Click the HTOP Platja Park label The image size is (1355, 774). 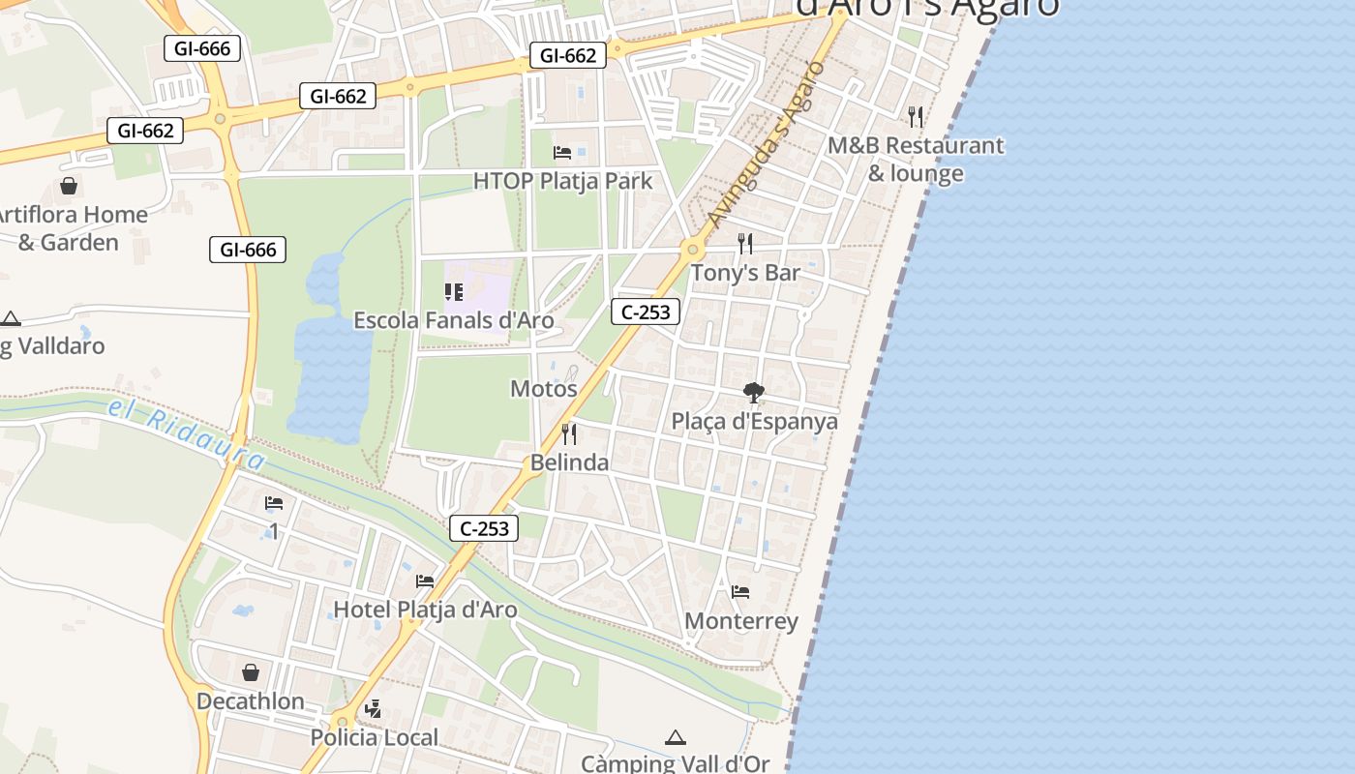tap(562, 181)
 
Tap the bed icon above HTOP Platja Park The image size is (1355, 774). tap(562, 152)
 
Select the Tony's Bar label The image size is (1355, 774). tap(745, 273)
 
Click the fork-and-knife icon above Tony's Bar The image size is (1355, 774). tap(745, 243)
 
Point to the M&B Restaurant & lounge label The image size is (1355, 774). tap(916, 160)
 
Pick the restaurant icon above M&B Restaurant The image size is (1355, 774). tap(916, 117)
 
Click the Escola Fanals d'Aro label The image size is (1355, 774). tap(454, 320)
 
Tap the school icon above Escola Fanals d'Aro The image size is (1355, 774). tap(454, 291)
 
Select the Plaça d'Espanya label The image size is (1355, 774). tap(755, 422)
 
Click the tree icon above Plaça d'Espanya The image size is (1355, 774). tap(754, 392)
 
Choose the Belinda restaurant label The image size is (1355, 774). tap(569, 462)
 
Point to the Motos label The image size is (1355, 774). tap(544, 389)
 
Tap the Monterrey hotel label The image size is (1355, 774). tap(741, 621)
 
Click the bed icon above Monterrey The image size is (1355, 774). tap(740, 591)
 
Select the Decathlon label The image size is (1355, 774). tap(251, 701)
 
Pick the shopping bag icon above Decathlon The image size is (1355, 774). tap(251, 671)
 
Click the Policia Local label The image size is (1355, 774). tap(375, 737)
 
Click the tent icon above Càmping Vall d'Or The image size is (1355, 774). tap(676, 738)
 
